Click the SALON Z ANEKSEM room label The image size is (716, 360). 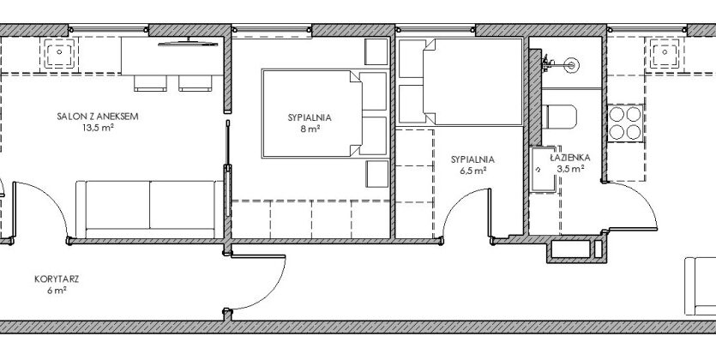pos(98,117)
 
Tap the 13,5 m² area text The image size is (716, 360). pos(98,128)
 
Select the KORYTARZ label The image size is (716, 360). pos(57,279)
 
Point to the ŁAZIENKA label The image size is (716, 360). pos(570,158)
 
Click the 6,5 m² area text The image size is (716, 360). pos(472,171)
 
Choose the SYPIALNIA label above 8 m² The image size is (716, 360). pos(310,117)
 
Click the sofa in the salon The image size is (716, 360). pos(149,209)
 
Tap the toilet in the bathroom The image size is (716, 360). pos(559,117)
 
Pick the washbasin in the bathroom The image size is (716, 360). pos(544,169)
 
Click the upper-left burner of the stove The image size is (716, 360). pos(617,114)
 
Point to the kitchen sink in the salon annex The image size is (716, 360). pos(59,54)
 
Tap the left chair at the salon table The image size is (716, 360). pos(150,83)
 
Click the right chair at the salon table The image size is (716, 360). pos(195,83)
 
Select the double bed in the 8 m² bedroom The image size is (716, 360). pos(312,114)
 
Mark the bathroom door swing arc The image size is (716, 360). pos(643,196)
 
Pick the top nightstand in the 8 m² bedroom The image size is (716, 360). pos(376,52)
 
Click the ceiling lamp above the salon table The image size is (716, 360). pos(188,44)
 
